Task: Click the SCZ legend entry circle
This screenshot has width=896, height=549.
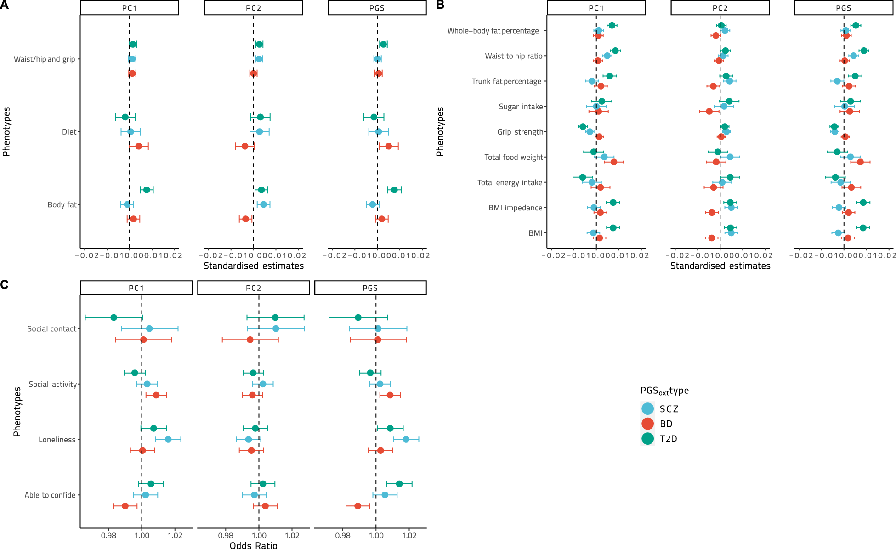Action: coord(647,408)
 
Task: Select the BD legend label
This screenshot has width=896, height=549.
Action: coord(666,424)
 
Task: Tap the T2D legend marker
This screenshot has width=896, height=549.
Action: coord(647,439)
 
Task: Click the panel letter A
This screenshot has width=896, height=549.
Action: coord(4,5)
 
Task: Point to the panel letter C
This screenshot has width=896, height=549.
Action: coord(4,285)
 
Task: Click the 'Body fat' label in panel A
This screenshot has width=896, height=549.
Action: coord(62,204)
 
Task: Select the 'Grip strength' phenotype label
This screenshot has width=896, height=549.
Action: coord(520,132)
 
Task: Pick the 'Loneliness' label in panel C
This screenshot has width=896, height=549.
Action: coord(57,440)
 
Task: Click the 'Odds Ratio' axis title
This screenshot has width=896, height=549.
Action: coord(253,545)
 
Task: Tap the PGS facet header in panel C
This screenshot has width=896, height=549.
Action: coord(370,288)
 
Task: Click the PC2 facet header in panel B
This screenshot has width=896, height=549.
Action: coord(720,8)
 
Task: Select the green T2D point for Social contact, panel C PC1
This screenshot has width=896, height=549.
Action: coord(113,317)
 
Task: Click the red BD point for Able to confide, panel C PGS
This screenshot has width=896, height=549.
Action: coord(357,506)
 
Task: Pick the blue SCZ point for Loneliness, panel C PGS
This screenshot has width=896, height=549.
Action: coord(406,440)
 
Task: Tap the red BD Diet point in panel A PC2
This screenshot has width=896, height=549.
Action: coord(245,146)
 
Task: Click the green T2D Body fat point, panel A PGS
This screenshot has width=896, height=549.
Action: coord(394,190)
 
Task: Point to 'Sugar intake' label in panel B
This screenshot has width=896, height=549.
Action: coord(521,107)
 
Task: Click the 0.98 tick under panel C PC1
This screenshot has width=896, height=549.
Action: coord(108,535)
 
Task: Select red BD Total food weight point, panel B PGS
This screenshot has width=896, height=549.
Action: coord(860,162)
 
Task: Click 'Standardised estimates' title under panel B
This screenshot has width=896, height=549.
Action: coord(720,266)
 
